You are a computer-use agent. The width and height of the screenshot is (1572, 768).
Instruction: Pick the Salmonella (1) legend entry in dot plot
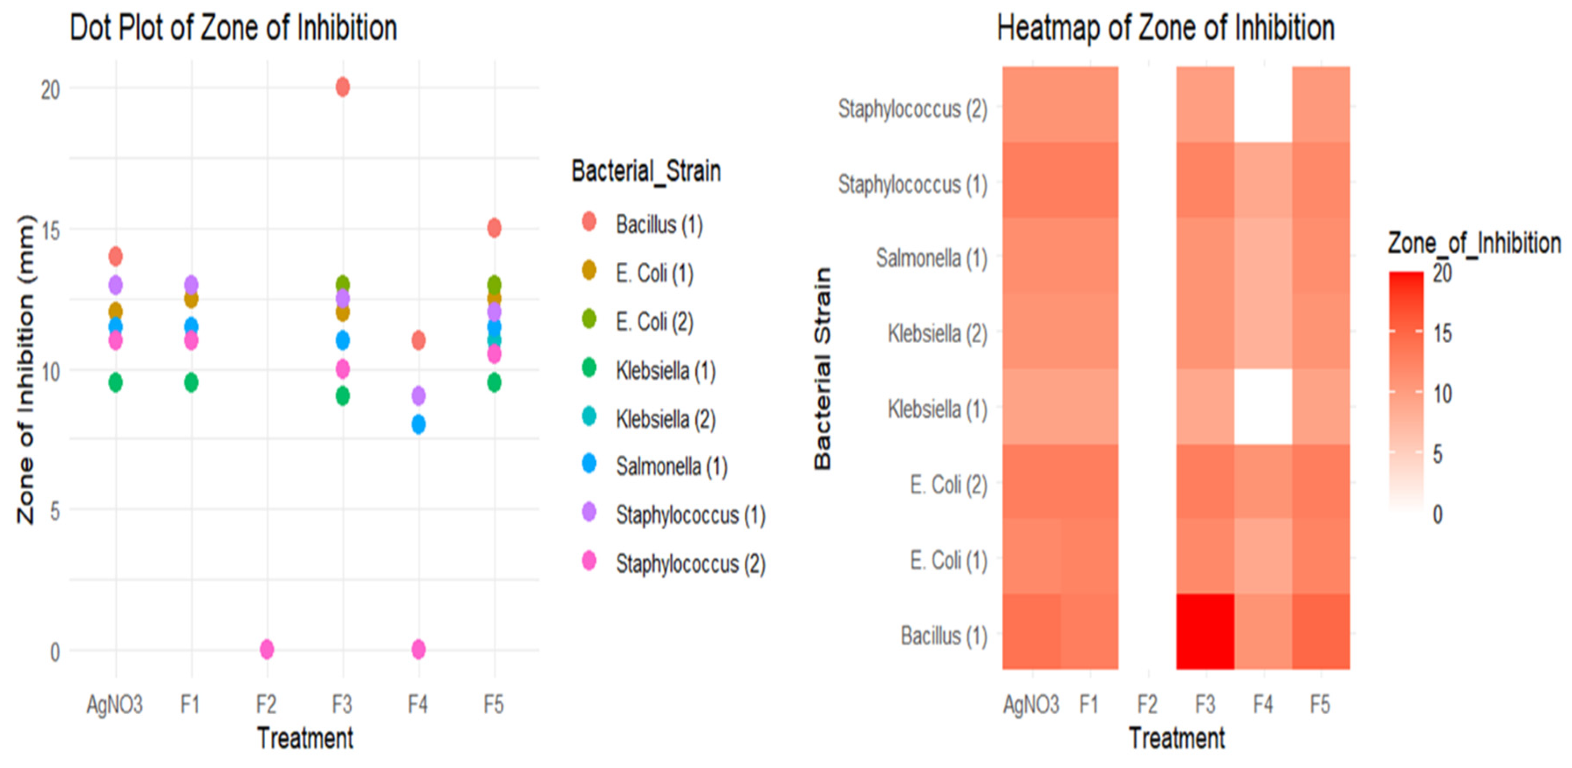pyautogui.click(x=671, y=467)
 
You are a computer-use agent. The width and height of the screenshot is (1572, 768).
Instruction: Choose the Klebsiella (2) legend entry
pyautogui.click(x=665, y=419)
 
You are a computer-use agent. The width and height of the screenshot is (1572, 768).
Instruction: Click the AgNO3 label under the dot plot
pyautogui.click(x=115, y=704)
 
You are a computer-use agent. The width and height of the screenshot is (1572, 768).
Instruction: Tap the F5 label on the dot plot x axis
pyautogui.click(x=494, y=704)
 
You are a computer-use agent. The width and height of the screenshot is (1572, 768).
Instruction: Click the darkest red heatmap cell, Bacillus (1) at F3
pyautogui.click(x=1205, y=631)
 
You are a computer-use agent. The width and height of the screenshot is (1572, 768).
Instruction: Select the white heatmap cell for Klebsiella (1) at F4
pyautogui.click(x=1263, y=407)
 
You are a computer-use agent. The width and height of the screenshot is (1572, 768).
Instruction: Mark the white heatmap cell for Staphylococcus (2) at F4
pyautogui.click(x=1263, y=104)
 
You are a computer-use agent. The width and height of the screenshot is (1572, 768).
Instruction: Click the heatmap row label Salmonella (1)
pyautogui.click(x=931, y=258)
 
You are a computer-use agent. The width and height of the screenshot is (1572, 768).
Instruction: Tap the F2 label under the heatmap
pyautogui.click(x=1147, y=704)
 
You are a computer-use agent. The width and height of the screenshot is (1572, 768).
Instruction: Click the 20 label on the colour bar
pyautogui.click(x=1443, y=273)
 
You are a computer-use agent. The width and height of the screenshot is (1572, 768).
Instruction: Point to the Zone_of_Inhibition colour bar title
pyautogui.click(x=1474, y=243)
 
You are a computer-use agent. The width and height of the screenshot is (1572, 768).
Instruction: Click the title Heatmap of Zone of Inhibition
pyautogui.click(x=1165, y=28)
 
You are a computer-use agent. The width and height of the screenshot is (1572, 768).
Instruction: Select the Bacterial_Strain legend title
pyautogui.click(x=646, y=171)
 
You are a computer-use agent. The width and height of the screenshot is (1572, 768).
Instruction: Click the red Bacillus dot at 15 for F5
pyautogui.click(x=494, y=228)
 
